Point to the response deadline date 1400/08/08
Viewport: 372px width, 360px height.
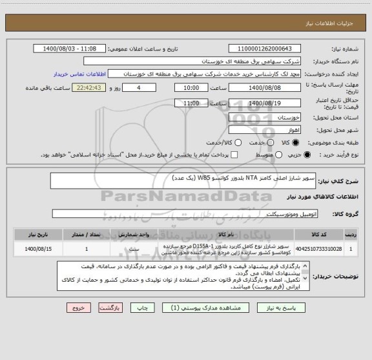coord(265,88)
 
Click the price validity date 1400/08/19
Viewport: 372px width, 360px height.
coord(265,103)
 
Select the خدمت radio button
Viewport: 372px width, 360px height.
coord(239,142)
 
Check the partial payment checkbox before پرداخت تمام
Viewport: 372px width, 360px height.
coord(234,155)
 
